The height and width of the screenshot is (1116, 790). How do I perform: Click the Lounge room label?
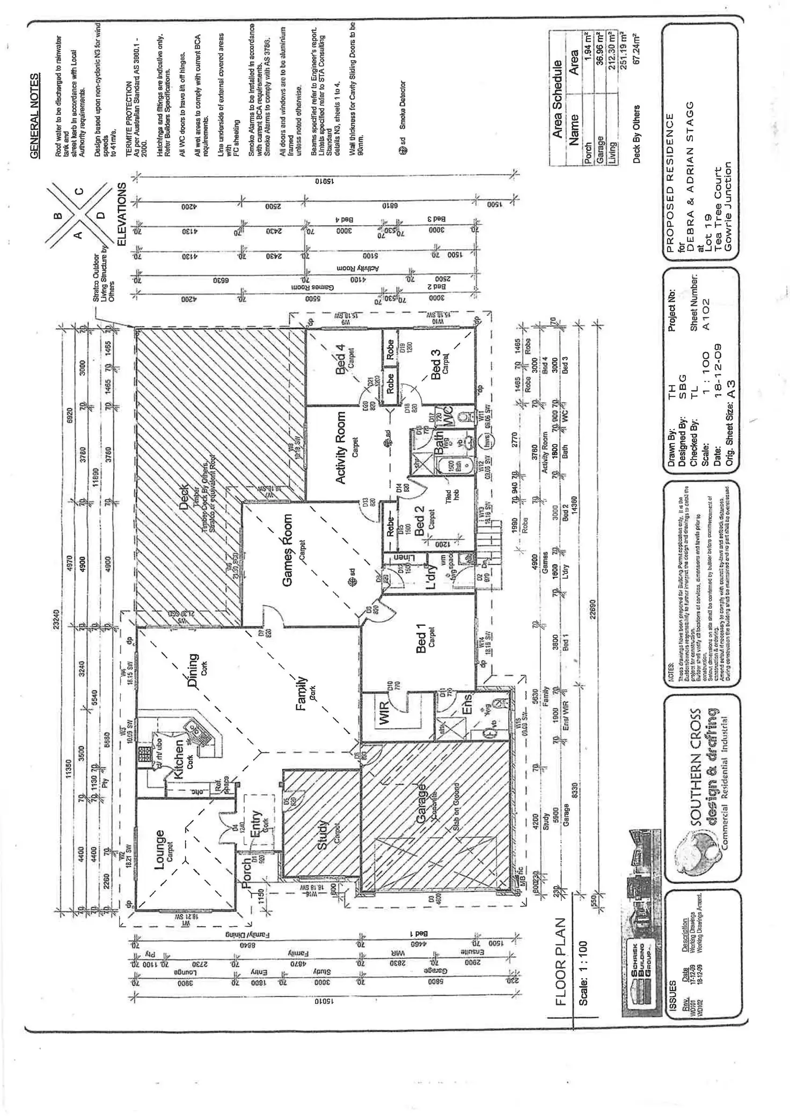159,851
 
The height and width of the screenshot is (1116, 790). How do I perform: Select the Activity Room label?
341,448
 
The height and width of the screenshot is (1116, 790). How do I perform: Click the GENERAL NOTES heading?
35,116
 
